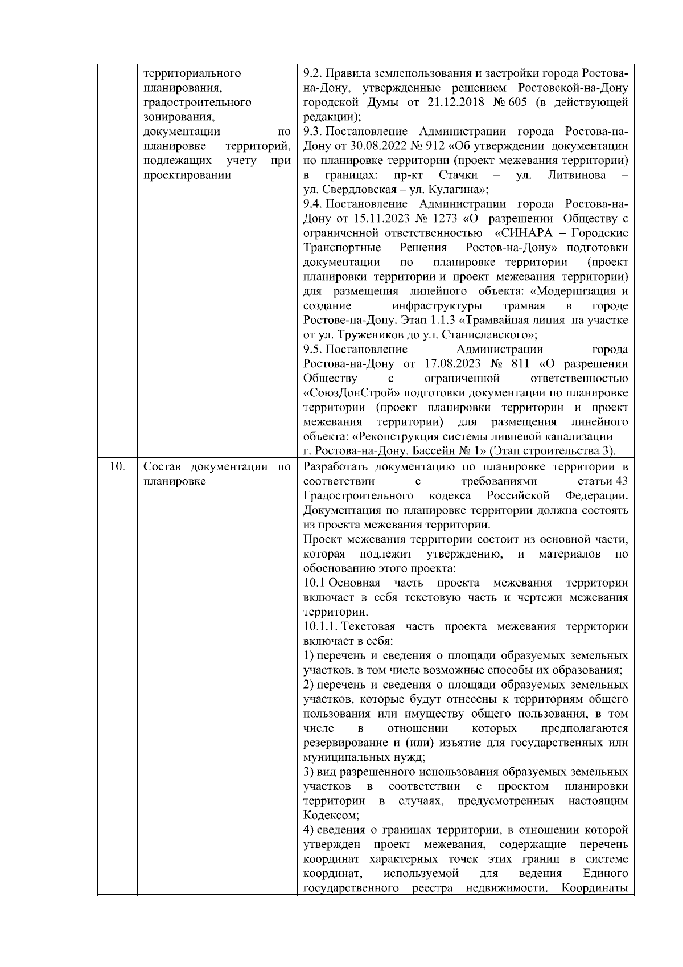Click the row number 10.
pyautogui.click(x=117, y=467)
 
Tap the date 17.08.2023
pyautogui.click(x=453, y=364)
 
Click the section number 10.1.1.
pyautogui.click(x=321, y=626)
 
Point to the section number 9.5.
pyautogui.click(x=312, y=349)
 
